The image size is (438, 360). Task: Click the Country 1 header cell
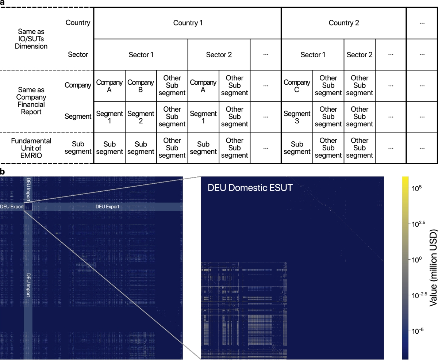tap(188, 23)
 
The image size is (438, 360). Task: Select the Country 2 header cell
tap(343, 23)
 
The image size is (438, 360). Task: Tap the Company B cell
tap(141, 86)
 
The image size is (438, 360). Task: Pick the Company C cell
tap(297, 86)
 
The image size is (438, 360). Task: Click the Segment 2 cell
tap(141, 117)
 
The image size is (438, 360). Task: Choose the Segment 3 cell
tap(297, 117)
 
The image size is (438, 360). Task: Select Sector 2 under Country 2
tap(359, 55)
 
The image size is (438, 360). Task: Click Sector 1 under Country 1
tap(141, 55)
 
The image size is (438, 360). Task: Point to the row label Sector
tap(78, 54)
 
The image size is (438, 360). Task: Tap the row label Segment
tap(77, 117)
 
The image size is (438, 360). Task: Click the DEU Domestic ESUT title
tap(250, 188)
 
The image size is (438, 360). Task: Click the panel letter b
tap(3, 171)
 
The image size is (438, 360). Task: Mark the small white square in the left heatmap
tap(28, 207)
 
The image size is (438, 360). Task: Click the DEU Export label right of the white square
tap(107, 207)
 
